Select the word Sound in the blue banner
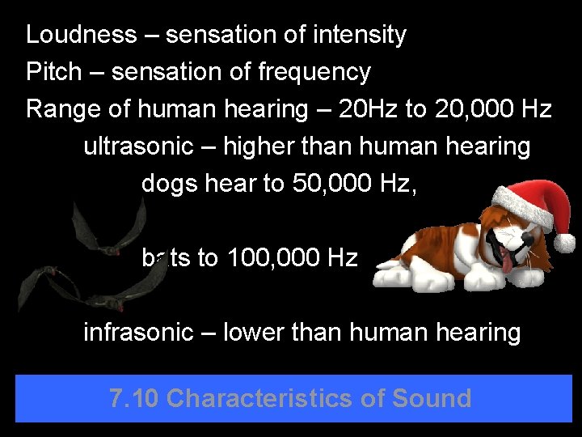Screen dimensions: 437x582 pos(432,398)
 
